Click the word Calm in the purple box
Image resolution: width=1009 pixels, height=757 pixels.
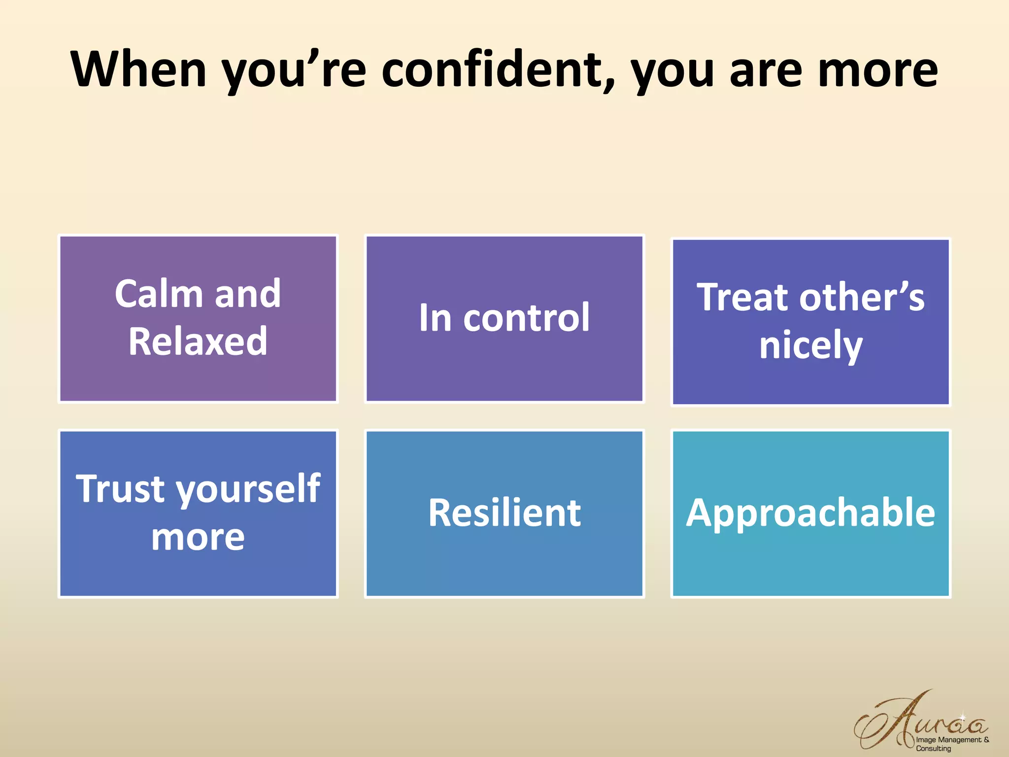[x=159, y=294]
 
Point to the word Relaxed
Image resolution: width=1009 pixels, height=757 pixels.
[x=198, y=342]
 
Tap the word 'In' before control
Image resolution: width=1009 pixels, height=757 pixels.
[x=435, y=318]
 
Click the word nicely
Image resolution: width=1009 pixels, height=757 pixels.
[x=810, y=346]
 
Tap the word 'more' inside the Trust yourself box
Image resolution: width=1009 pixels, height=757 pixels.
[x=198, y=538]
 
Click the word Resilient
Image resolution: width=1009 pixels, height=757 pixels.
[x=504, y=513]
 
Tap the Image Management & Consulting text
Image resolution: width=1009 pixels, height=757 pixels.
[x=952, y=744]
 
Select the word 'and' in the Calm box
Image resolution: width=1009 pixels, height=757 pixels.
[x=248, y=294]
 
